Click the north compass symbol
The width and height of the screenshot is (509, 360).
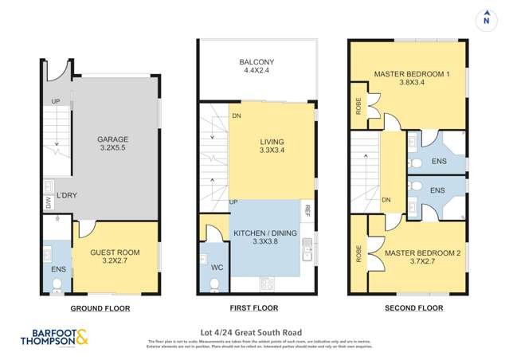(x=485, y=19)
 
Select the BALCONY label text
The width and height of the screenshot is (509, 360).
(x=258, y=66)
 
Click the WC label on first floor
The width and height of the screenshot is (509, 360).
(x=217, y=268)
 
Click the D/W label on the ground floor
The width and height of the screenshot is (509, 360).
(x=48, y=202)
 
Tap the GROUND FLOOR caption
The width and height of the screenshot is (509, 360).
(x=100, y=308)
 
